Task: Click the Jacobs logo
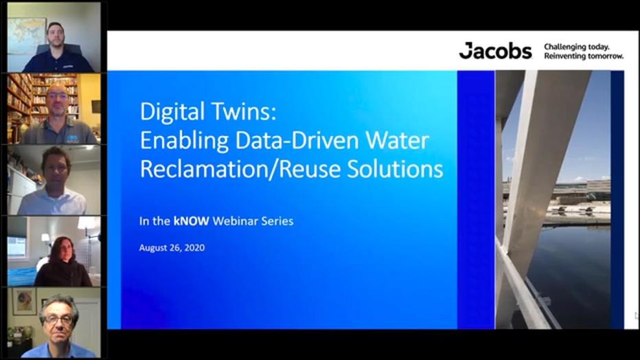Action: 495,51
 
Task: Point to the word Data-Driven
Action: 288,141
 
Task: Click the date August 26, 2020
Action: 172,247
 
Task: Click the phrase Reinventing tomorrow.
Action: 584,56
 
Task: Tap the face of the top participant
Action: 56,34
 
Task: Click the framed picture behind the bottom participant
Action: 23,302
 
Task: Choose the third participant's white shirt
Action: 52,203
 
